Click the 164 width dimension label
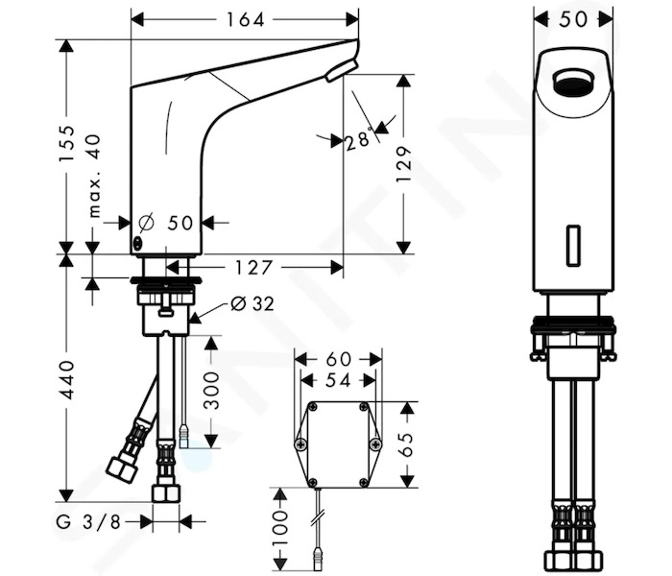pyautogui.click(x=245, y=20)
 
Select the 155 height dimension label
pyautogui.click(x=67, y=144)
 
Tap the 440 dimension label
pyautogui.click(x=66, y=380)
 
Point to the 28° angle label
pyautogui.click(x=359, y=138)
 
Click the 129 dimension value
pyautogui.click(x=404, y=164)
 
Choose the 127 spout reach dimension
pyautogui.click(x=253, y=268)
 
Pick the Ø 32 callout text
pyautogui.click(x=252, y=304)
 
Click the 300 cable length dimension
pyautogui.click(x=211, y=390)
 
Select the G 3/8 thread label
pyautogui.click(x=88, y=522)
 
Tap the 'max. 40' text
pyautogui.click(x=94, y=176)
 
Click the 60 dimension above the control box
pyautogui.click(x=338, y=359)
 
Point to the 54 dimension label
pyautogui.click(x=338, y=380)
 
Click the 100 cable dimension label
pyautogui.click(x=280, y=528)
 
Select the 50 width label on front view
pyautogui.click(x=573, y=19)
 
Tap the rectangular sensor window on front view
pyautogui.click(x=573, y=245)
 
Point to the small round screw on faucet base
pyautogui.click(x=136, y=244)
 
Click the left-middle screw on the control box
pyautogui.click(x=300, y=444)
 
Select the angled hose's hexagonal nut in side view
pyautogui.click(x=122, y=468)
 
